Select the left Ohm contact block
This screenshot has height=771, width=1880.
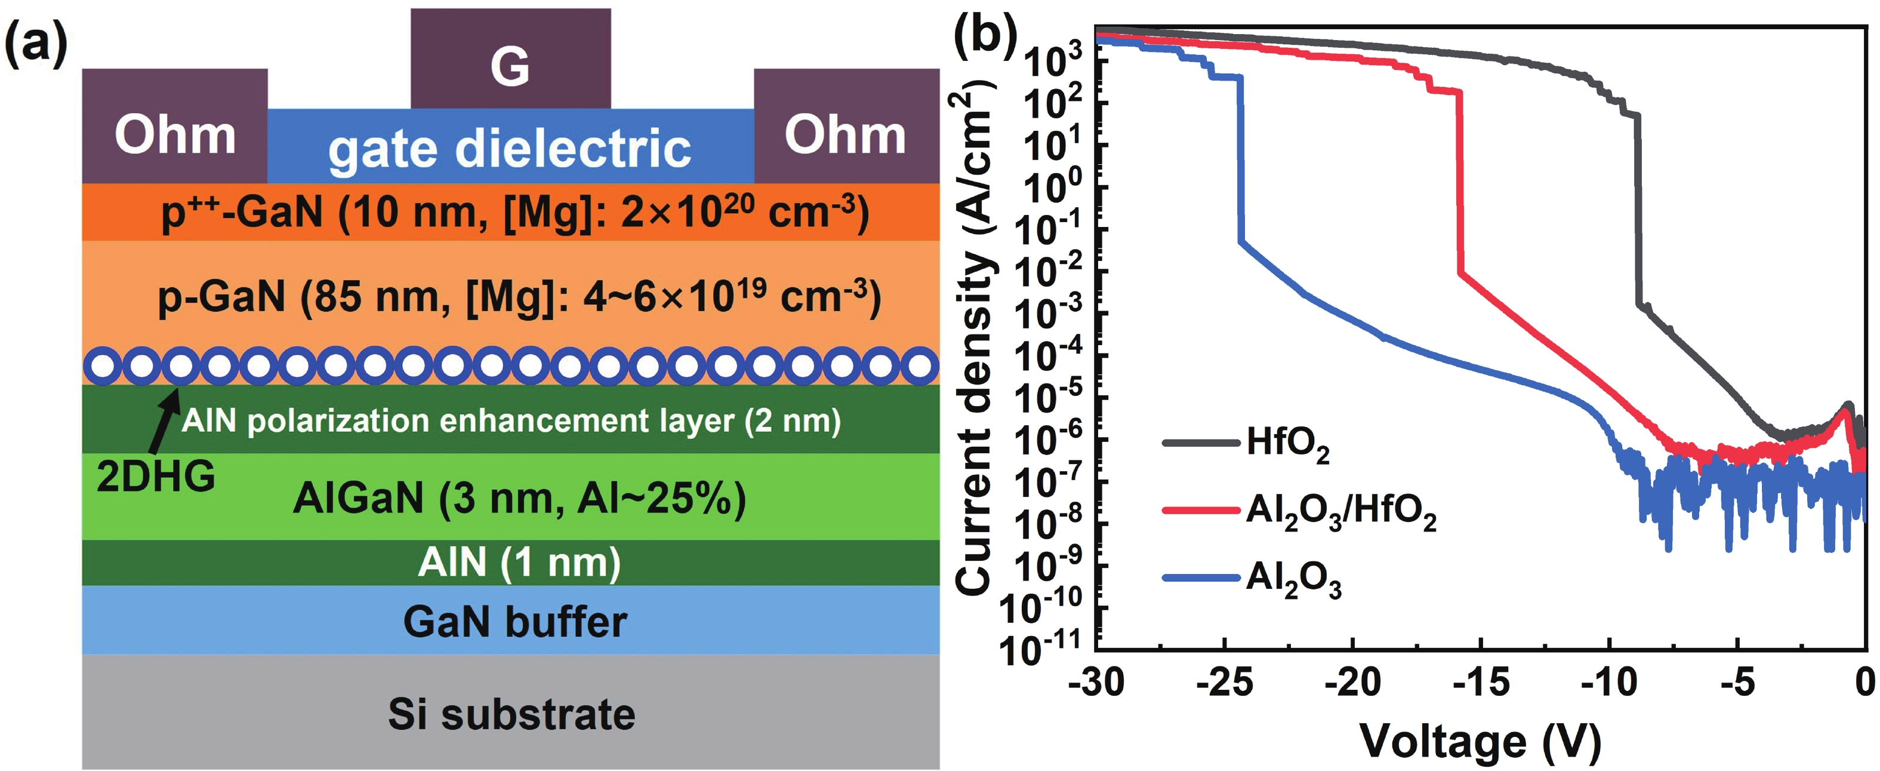(174, 125)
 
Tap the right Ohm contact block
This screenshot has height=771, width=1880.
(846, 125)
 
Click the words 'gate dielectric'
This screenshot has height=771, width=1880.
(510, 149)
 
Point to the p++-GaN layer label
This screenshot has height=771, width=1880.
(514, 213)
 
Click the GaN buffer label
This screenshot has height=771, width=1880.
(514, 622)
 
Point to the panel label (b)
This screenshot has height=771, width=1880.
(985, 35)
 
